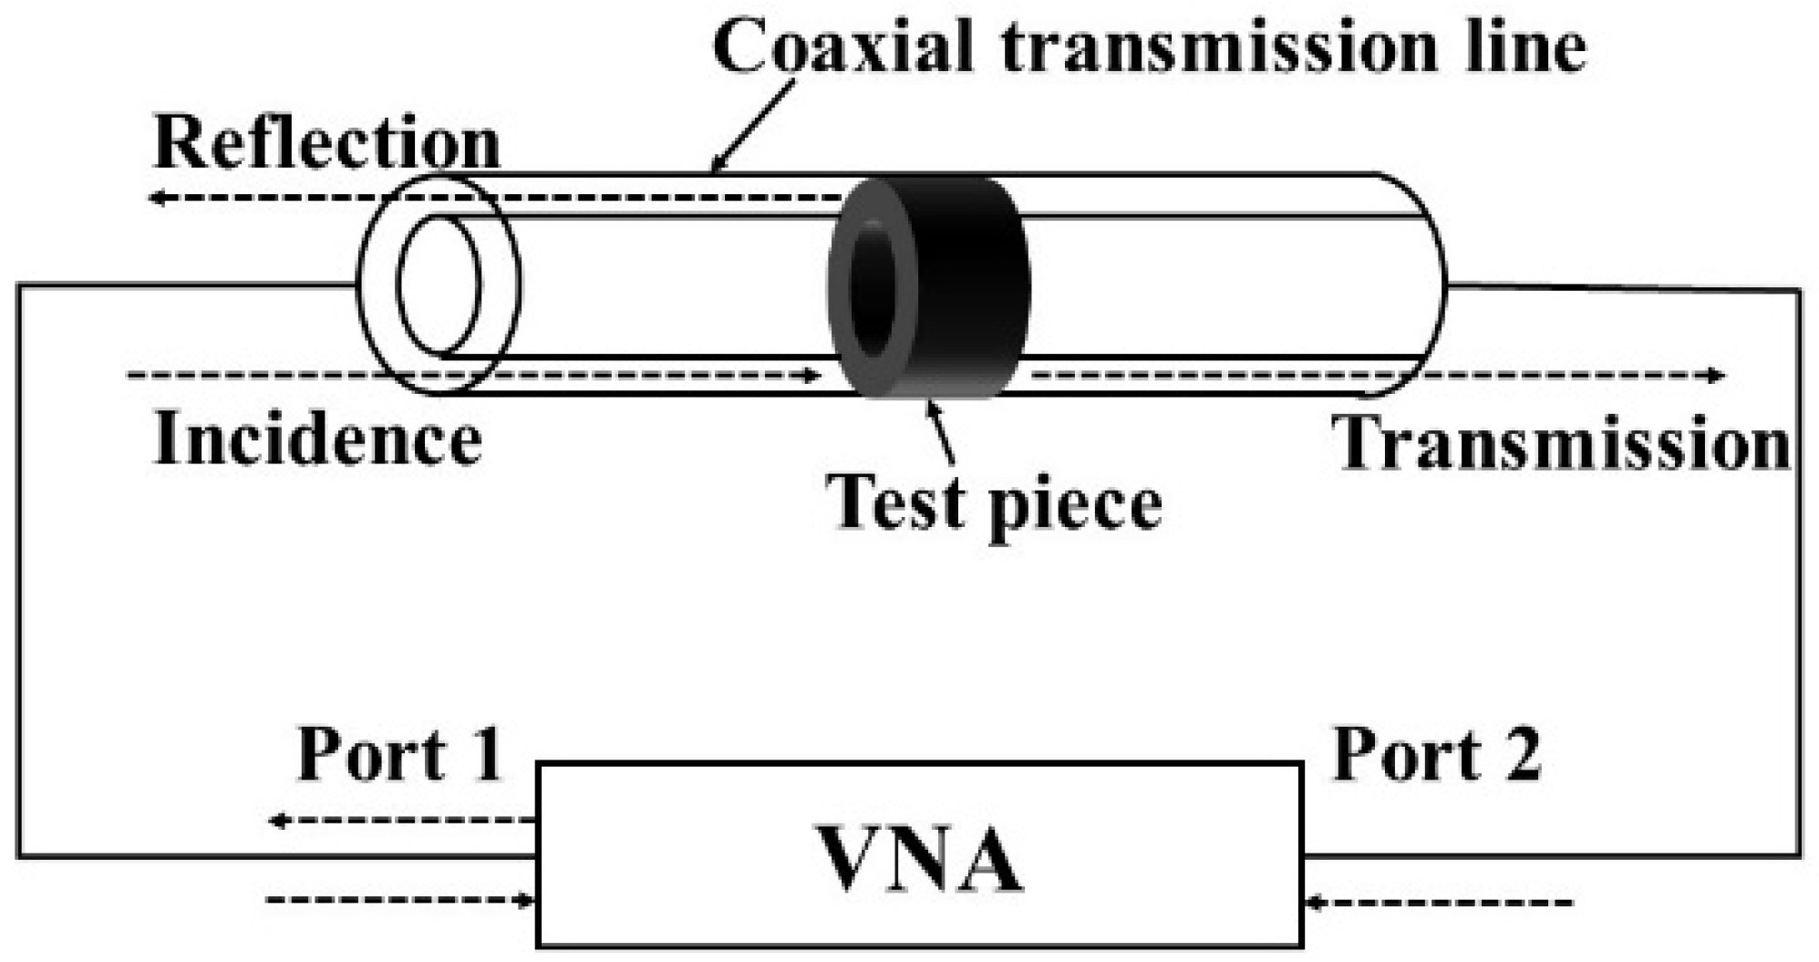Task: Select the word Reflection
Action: pyautogui.click(x=326, y=143)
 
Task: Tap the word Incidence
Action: pyautogui.click(x=317, y=440)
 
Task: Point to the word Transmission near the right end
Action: pyautogui.click(x=1561, y=443)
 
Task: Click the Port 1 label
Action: pyautogui.click(x=400, y=754)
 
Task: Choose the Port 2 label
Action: pyautogui.click(x=1437, y=754)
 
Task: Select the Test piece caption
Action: pyautogui.click(x=994, y=503)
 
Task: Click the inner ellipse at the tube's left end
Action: pyautogui.click(x=438, y=284)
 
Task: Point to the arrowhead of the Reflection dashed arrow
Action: pyautogui.click(x=157, y=197)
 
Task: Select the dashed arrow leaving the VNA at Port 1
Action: pyautogui.click(x=401, y=821)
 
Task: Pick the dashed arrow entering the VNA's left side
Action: pyautogui.click(x=401, y=901)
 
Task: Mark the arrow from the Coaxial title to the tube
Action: pyautogui.click(x=753, y=126)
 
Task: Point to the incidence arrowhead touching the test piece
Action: pyautogui.click(x=811, y=375)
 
